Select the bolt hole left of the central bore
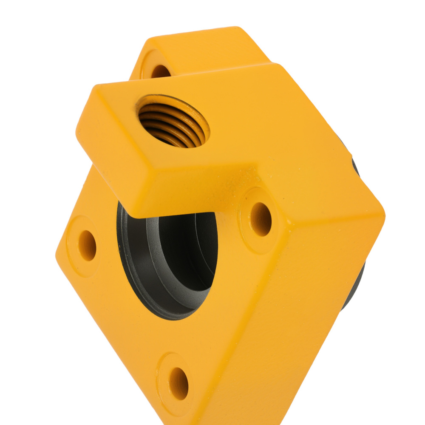click(87, 245)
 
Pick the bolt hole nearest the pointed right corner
click(261, 218)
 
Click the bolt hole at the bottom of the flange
click(179, 382)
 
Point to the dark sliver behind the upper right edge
click(355, 166)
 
